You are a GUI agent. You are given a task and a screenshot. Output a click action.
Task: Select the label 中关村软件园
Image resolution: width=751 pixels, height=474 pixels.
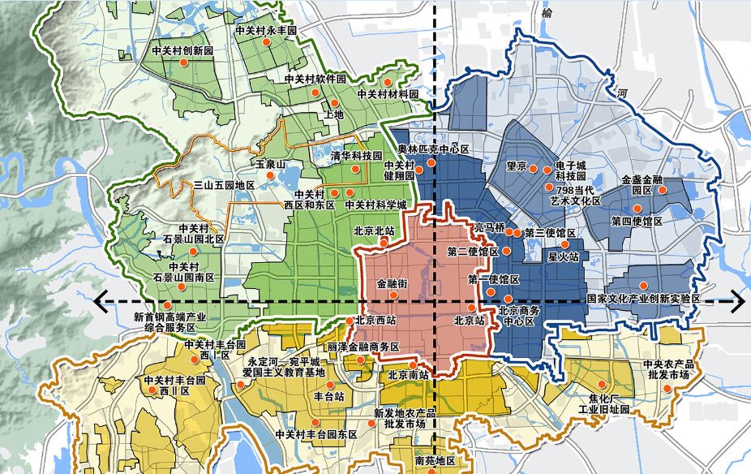[x=315, y=80]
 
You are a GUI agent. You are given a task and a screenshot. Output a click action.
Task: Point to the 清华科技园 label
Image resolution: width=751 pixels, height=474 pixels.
[x=356, y=156]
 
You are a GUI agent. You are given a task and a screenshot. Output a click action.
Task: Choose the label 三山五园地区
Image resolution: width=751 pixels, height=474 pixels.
[x=224, y=186]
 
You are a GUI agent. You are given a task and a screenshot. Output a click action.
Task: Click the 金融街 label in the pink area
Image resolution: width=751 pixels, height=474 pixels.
[x=392, y=285]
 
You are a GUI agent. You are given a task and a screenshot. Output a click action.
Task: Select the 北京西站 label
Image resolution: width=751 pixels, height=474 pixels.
[x=375, y=320]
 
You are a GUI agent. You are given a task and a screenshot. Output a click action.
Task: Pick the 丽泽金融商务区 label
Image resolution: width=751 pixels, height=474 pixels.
[x=364, y=347]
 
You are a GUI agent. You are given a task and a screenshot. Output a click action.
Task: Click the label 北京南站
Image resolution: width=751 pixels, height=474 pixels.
[x=408, y=375]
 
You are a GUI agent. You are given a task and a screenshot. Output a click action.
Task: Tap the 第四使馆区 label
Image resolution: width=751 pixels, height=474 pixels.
[x=637, y=221]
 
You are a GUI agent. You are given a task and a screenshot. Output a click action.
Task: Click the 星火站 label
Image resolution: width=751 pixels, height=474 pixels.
[x=564, y=257]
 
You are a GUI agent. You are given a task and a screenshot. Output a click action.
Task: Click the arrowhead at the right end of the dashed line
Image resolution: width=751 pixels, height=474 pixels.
[x=737, y=302]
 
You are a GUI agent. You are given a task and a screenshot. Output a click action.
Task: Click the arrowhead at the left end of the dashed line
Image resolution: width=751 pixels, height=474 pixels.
[x=101, y=302]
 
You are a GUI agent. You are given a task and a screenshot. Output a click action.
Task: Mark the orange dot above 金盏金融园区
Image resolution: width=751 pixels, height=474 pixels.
[x=662, y=190]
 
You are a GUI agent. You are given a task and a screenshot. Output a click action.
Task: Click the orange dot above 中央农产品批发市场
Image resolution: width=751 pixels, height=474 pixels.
[x=667, y=388]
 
